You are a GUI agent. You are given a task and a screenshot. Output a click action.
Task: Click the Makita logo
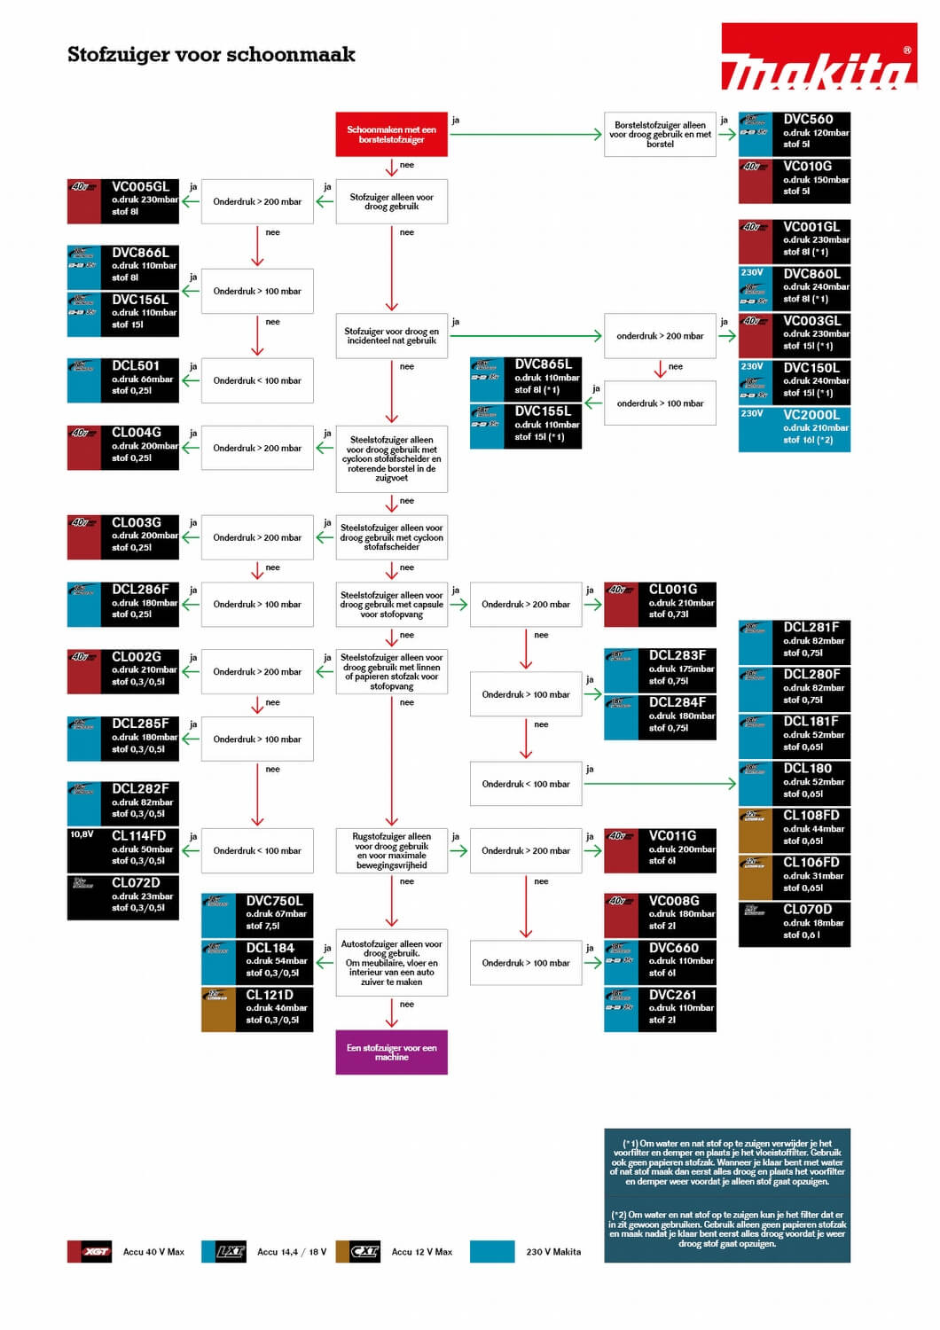click(819, 58)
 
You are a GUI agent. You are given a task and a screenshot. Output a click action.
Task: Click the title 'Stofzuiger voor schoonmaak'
click(211, 55)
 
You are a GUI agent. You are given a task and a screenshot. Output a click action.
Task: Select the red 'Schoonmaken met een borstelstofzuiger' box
click(391, 135)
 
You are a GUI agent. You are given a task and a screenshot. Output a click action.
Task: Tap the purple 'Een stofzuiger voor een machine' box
click(391, 1052)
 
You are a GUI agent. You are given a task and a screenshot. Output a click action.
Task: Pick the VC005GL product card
click(123, 200)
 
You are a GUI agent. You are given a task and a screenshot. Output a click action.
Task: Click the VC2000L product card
click(795, 429)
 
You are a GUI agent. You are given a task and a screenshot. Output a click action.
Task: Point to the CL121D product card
click(257, 1009)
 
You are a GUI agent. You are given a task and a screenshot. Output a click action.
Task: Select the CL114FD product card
click(123, 849)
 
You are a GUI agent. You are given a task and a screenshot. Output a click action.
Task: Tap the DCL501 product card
click(123, 379)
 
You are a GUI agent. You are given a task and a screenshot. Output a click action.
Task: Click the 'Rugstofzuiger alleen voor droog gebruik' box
click(391, 850)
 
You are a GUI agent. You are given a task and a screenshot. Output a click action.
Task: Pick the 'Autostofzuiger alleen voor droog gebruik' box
click(391, 963)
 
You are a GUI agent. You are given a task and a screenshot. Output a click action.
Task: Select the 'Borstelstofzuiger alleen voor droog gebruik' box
click(660, 135)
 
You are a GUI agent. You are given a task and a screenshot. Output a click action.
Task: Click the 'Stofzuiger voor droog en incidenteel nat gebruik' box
click(391, 335)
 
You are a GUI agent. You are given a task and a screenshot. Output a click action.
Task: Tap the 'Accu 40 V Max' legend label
click(153, 1252)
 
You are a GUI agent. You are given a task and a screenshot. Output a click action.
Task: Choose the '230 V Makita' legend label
click(553, 1252)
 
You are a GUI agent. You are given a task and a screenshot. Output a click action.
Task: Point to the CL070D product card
click(795, 923)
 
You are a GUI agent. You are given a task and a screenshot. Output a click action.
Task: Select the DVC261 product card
click(660, 1008)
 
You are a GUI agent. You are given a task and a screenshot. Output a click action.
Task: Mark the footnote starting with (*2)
click(727, 1229)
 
